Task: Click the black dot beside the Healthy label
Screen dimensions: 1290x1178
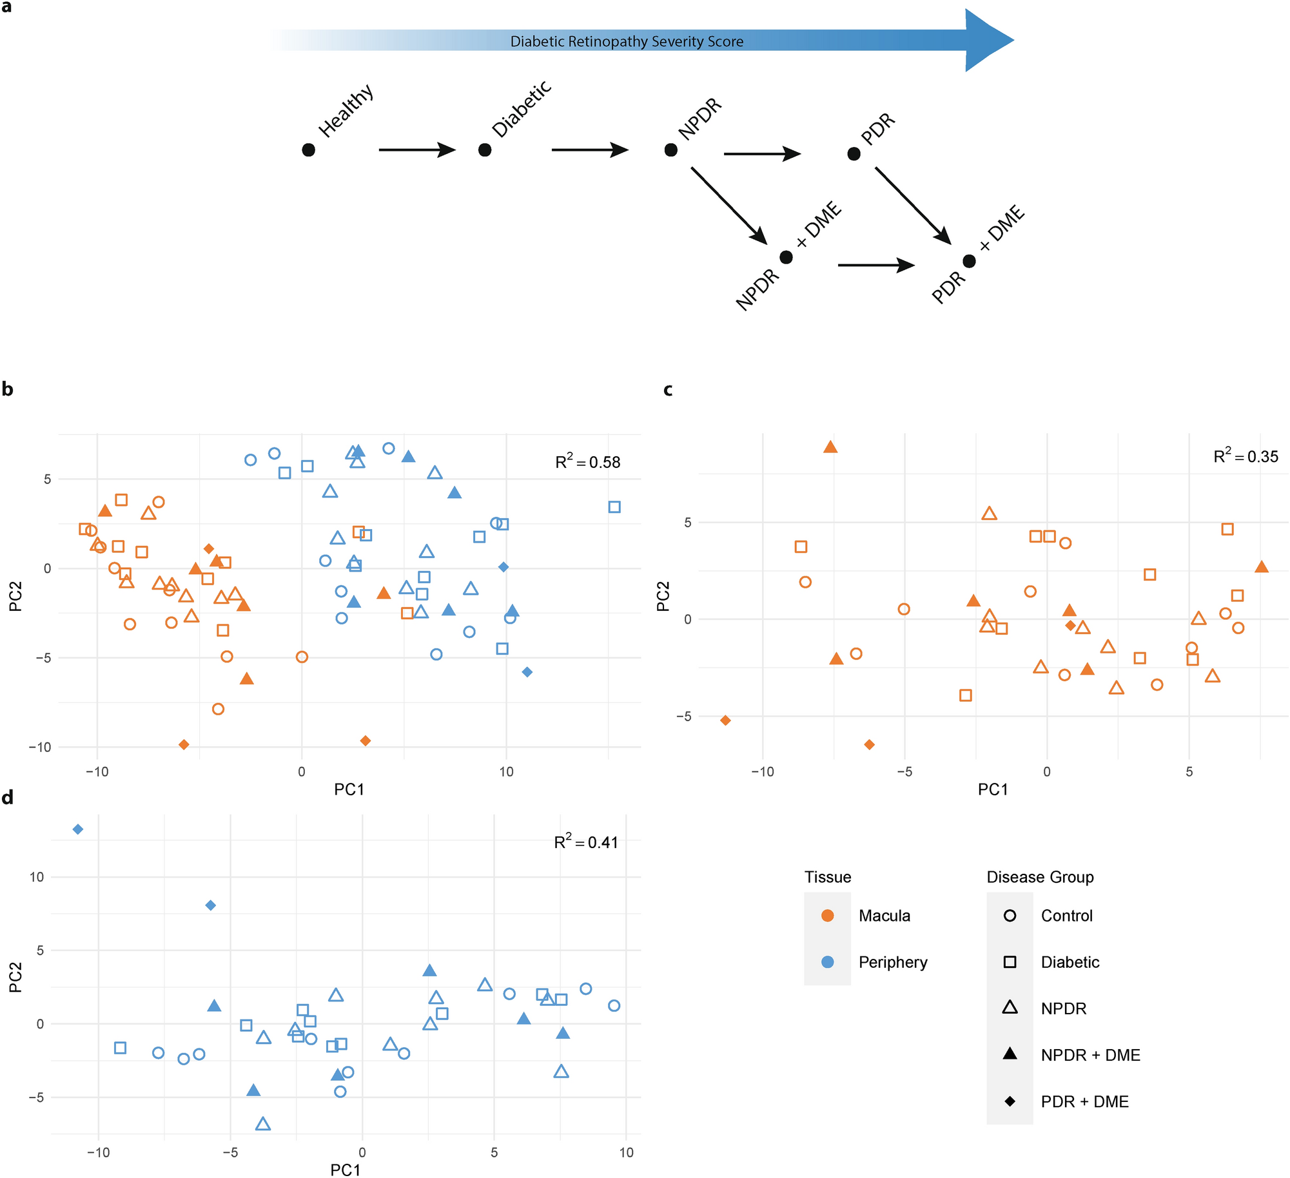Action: point(308,150)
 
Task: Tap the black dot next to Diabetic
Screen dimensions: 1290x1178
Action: point(485,150)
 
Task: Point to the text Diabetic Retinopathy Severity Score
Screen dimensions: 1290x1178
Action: point(627,42)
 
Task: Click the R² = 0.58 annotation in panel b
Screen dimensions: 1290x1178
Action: point(587,461)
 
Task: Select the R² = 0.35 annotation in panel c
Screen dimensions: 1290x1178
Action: point(1246,456)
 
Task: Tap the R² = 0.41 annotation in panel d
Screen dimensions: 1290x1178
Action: point(585,842)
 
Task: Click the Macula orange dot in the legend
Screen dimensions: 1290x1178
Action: point(828,916)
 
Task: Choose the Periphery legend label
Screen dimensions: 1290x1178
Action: point(893,962)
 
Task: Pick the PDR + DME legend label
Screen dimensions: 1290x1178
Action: point(1084,1101)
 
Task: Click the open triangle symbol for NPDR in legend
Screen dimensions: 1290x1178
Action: point(1010,1008)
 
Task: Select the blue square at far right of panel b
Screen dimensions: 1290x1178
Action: point(614,507)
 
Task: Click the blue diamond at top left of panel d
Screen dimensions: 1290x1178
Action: point(78,829)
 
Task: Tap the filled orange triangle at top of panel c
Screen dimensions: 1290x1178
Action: point(830,447)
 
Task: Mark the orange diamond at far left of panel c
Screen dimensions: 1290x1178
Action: point(725,720)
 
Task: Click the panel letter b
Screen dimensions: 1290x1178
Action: point(8,389)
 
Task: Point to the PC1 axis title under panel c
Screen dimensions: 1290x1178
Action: point(993,789)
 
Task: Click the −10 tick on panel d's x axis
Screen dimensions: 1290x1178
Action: point(99,1153)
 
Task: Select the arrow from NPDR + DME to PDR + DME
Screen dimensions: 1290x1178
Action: point(875,265)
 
